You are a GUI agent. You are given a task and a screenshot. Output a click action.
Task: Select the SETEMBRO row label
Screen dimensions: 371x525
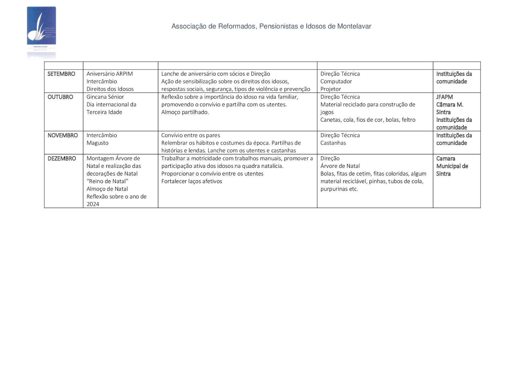click(x=61, y=74)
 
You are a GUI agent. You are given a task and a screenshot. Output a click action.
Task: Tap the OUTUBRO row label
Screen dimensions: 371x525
click(x=60, y=97)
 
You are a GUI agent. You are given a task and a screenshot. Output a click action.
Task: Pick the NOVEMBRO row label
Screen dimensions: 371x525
click(x=63, y=135)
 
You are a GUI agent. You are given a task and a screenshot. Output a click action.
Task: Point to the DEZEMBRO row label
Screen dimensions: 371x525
click(x=62, y=159)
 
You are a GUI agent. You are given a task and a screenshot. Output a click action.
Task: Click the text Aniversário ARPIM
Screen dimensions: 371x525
click(x=110, y=74)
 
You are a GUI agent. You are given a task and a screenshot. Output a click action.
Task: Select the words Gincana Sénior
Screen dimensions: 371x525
click(x=105, y=97)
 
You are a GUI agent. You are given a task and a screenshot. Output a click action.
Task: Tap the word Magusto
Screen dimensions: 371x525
click(x=97, y=143)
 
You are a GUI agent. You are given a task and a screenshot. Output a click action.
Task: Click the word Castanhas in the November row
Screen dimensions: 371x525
click(x=333, y=143)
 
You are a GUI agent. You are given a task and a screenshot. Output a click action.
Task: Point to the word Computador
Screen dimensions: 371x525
click(x=336, y=81)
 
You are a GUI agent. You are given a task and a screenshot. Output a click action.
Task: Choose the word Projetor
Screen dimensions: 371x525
click(x=331, y=89)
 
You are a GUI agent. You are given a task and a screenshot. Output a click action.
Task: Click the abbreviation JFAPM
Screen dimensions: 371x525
click(x=444, y=97)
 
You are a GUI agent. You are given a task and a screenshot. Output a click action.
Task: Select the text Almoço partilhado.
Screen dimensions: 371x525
click(x=185, y=112)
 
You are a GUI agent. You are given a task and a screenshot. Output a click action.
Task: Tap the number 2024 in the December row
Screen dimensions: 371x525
click(x=93, y=204)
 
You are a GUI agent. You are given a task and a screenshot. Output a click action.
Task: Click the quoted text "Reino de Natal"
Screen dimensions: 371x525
click(x=107, y=181)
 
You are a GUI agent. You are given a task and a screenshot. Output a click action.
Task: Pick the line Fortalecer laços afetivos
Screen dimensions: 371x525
click(x=192, y=181)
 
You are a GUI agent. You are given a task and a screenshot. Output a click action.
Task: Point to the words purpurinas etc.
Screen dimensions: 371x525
click(x=339, y=189)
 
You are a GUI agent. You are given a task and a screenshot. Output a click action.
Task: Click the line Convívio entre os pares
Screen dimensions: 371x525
click(x=191, y=135)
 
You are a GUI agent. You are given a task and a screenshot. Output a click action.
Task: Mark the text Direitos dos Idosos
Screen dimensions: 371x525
click(x=110, y=89)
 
